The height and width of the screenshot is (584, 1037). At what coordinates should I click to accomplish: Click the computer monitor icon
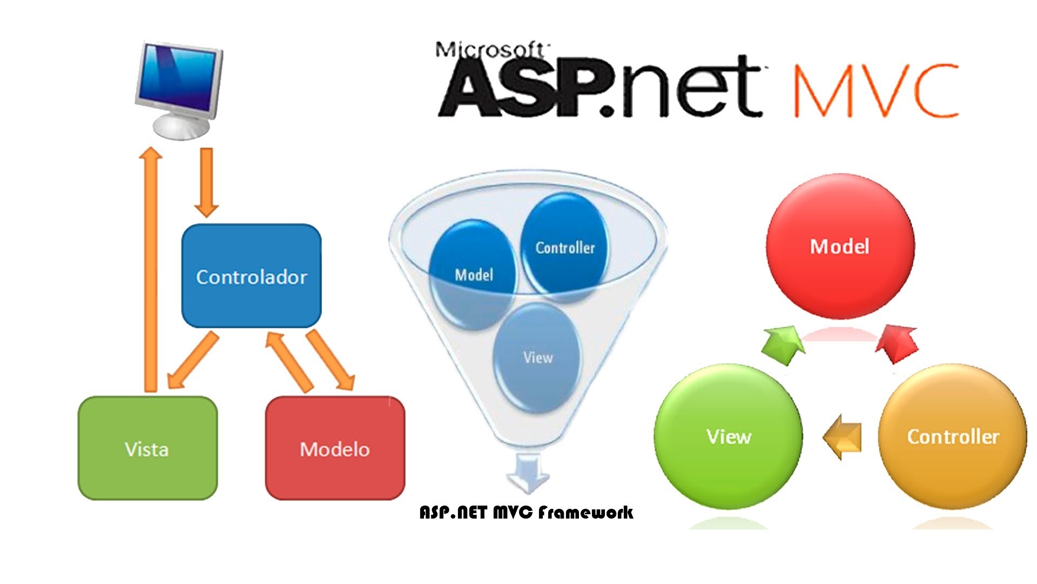[179, 89]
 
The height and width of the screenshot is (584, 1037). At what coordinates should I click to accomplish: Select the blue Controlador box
[252, 276]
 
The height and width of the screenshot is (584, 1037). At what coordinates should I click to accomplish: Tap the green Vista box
[147, 448]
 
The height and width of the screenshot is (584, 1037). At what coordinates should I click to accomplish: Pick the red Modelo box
[335, 448]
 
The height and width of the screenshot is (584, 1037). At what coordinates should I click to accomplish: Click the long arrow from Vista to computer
[150, 269]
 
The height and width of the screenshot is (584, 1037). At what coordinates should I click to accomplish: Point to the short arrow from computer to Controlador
[206, 182]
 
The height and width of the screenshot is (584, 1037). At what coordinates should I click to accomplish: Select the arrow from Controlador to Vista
[193, 361]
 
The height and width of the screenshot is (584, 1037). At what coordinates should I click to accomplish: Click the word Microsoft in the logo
[491, 50]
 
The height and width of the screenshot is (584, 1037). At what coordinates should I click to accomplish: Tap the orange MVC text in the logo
[875, 90]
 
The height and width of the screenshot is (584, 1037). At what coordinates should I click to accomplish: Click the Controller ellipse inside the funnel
[564, 247]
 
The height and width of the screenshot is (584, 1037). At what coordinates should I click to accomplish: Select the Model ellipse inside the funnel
[473, 274]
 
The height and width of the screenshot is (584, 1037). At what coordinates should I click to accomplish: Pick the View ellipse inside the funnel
[537, 357]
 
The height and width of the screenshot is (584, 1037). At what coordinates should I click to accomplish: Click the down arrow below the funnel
[528, 473]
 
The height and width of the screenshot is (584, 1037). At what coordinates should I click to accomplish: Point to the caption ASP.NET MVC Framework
[526, 512]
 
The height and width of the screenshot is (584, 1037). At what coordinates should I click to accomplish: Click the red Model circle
[840, 247]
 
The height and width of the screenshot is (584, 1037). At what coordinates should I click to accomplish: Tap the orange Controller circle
[953, 436]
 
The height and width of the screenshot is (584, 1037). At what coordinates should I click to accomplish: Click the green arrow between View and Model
[784, 344]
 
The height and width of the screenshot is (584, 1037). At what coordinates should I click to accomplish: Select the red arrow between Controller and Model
[897, 344]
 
